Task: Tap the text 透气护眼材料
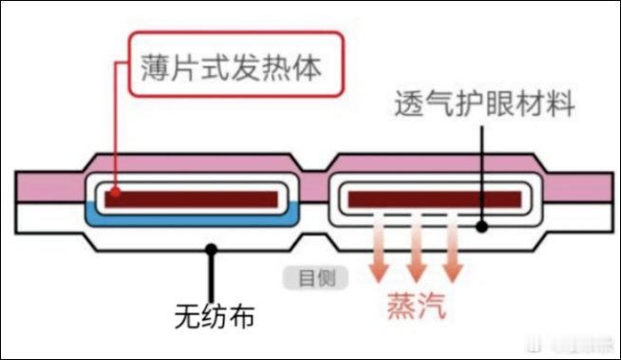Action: (x=484, y=104)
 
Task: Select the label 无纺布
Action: (x=216, y=314)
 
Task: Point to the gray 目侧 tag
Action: (x=315, y=277)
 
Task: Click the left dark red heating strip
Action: (x=194, y=199)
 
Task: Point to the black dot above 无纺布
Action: (x=211, y=249)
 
